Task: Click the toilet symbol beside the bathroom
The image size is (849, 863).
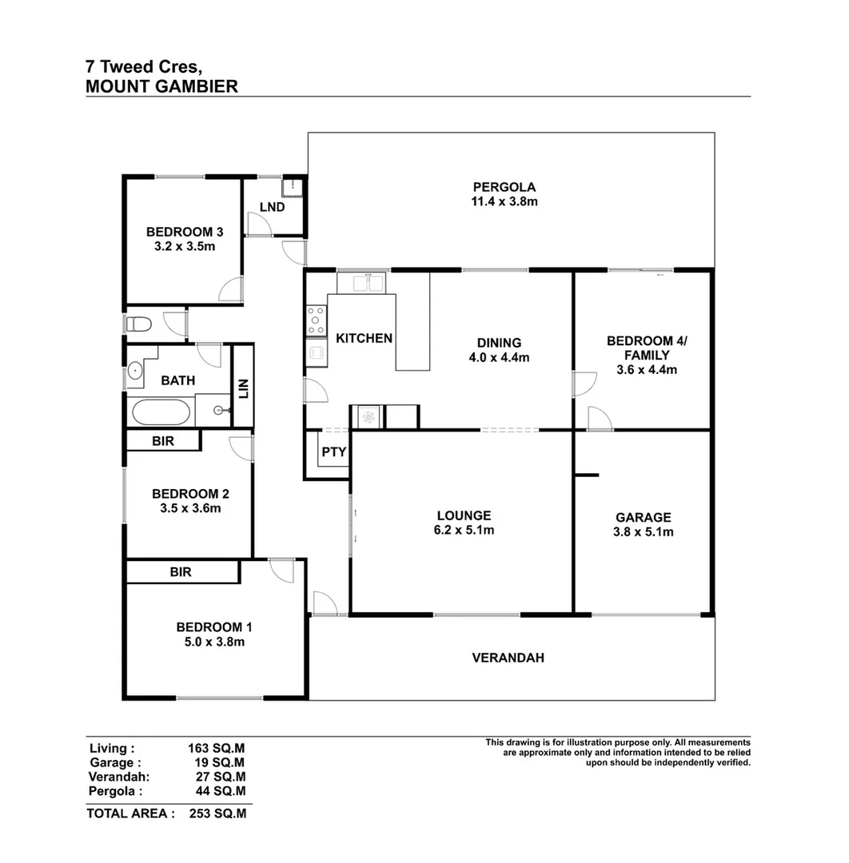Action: [139, 324]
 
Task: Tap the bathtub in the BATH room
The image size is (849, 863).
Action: [161, 412]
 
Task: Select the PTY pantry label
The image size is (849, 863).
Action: [333, 451]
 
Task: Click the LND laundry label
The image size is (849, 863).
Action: [272, 207]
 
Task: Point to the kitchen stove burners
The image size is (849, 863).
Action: [316, 320]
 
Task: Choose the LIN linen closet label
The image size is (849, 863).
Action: [243, 388]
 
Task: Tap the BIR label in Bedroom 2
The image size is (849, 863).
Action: [163, 441]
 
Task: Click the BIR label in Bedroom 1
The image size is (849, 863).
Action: [181, 572]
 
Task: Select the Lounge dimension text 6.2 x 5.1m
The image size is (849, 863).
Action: [464, 530]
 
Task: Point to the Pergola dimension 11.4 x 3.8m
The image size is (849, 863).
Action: [504, 201]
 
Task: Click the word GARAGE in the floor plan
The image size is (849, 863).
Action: [643, 517]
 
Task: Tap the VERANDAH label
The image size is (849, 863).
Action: [508, 658]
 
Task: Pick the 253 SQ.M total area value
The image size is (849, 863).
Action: [217, 813]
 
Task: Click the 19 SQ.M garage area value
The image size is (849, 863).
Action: [220, 762]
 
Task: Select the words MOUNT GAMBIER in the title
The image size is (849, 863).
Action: [161, 86]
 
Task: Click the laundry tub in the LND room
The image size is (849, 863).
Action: [292, 187]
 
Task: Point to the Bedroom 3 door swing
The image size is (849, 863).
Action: [231, 288]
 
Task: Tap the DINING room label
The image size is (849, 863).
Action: [499, 343]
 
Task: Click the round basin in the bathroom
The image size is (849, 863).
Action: [135, 371]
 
